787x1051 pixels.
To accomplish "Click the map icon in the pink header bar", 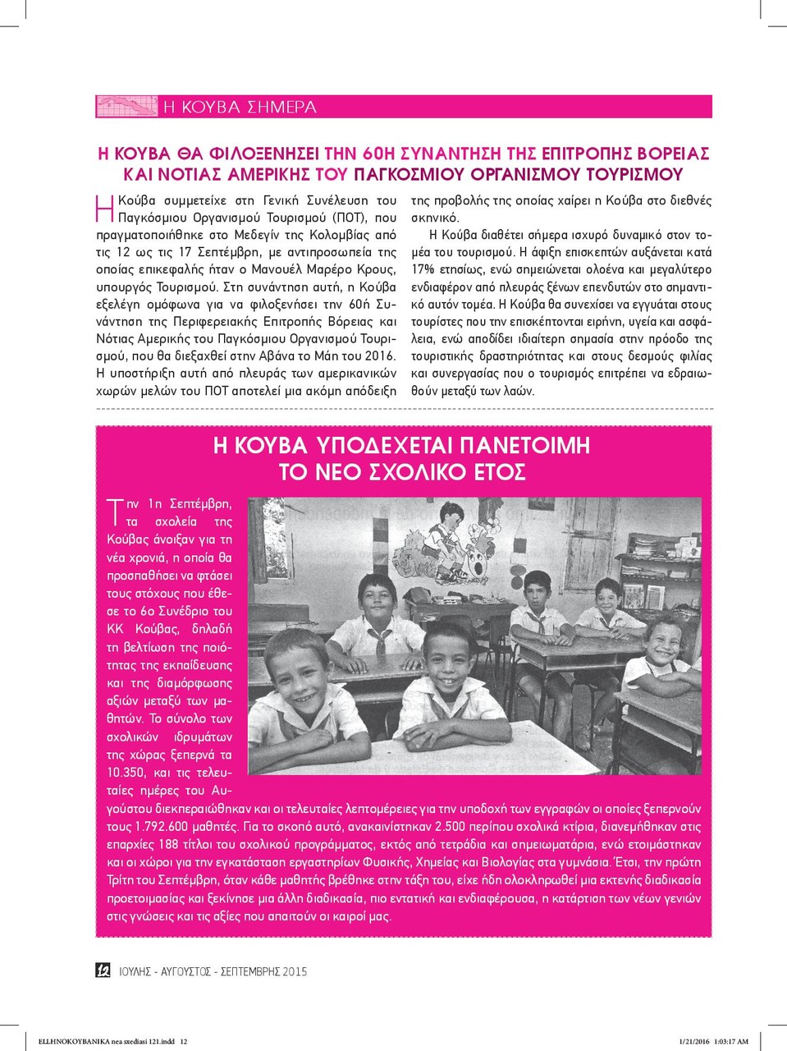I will [127, 106].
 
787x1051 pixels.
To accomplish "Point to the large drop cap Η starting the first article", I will [105, 209].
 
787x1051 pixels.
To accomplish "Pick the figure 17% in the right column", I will [423, 269].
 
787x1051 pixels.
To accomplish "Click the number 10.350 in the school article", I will [126, 773].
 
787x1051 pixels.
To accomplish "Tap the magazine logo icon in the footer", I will [103, 971].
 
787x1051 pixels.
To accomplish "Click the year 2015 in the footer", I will [295, 971].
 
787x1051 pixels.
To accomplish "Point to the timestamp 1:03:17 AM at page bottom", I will [731, 1041].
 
